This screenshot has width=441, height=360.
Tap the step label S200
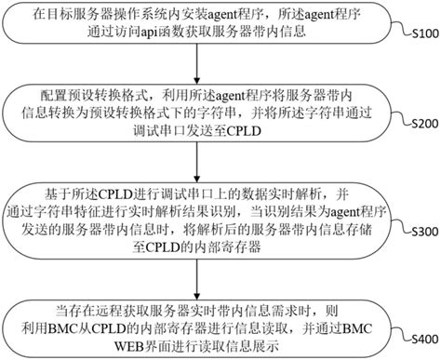[x=421, y=124]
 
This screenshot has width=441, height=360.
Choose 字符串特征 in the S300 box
[x=114, y=211]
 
